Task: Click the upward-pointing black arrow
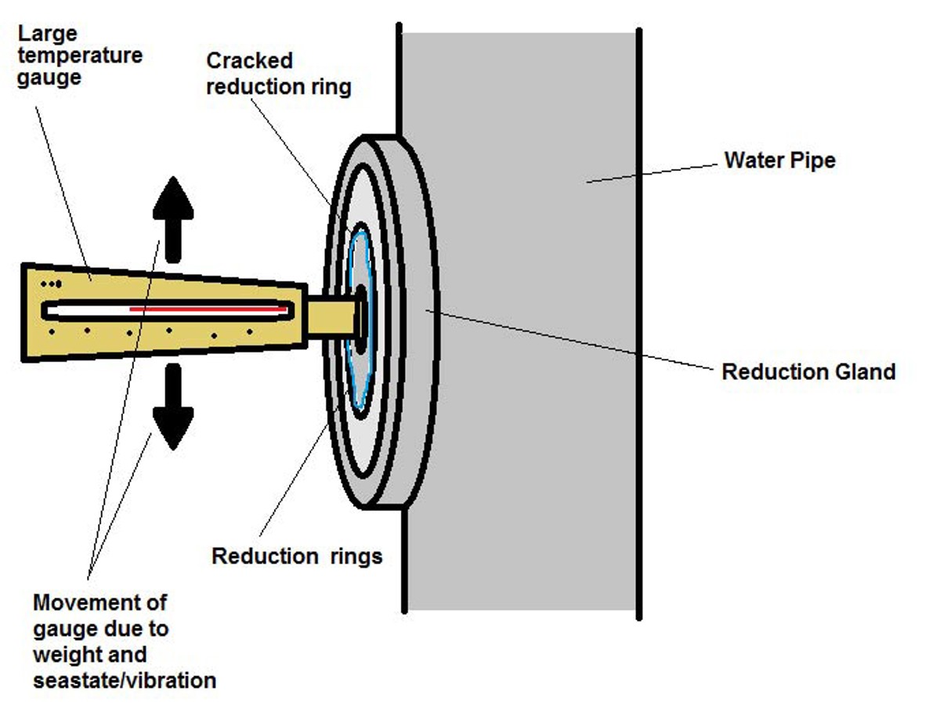[x=173, y=219]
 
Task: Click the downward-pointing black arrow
[x=173, y=407]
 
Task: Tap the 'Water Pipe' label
[x=779, y=161]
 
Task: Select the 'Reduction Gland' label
[x=808, y=371]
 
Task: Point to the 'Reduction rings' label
[x=297, y=556]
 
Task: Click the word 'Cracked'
[x=250, y=61]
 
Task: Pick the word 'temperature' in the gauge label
[x=80, y=56]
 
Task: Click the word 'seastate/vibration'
[x=125, y=681]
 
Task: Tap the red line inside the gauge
[x=208, y=309]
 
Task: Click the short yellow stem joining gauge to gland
[x=331, y=317]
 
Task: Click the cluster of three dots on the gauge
[x=52, y=284]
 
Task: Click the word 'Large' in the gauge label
[x=47, y=34]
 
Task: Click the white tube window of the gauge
[x=168, y=310]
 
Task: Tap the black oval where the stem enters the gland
[x=361, y=319]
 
